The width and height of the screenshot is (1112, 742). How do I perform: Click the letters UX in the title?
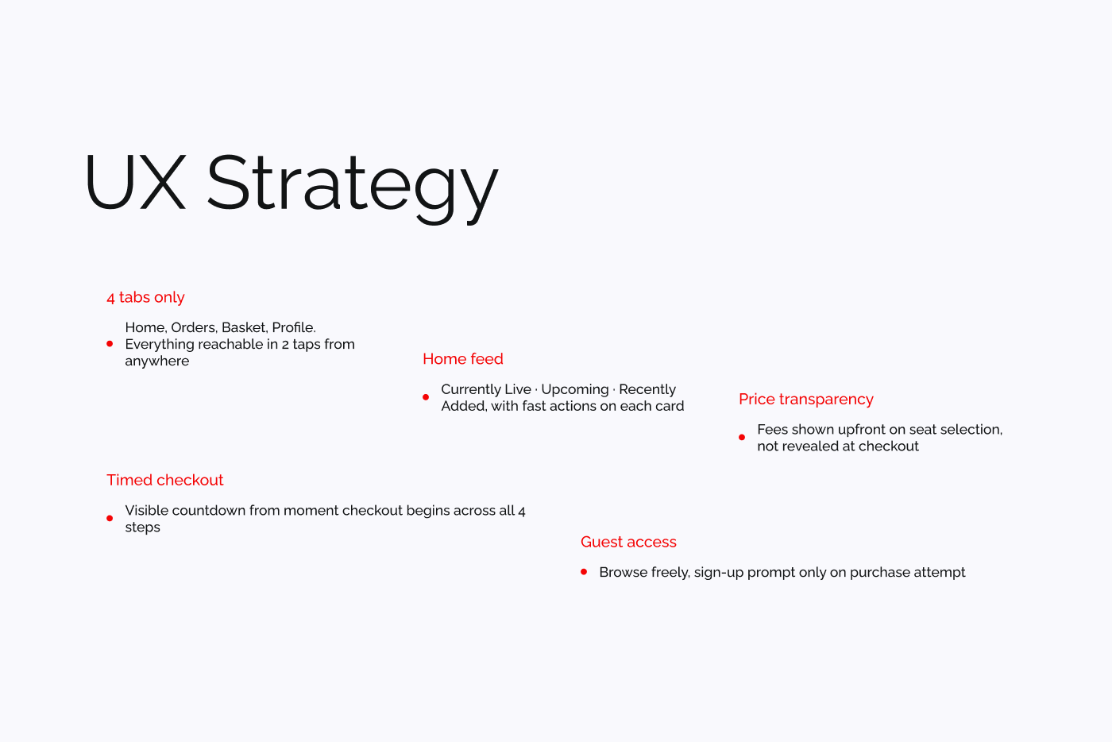point(135,183)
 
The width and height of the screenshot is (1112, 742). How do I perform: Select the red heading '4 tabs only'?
point(145,297)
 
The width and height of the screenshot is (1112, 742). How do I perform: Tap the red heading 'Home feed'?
point(463,359)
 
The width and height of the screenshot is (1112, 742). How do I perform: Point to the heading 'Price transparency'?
point(805,399)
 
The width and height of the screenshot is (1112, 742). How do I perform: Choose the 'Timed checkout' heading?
point(165,480)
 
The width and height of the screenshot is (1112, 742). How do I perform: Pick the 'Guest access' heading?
point(628,542)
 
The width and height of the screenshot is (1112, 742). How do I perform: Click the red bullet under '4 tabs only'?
point(110,344)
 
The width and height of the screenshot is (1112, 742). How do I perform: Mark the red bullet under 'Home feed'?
point(426,397)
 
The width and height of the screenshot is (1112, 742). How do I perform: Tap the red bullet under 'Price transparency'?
point(742,438)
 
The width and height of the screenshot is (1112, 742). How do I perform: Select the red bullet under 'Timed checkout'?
point(110,519)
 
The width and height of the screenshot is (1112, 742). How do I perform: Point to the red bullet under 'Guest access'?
point(584,572)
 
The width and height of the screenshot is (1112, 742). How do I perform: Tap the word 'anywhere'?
point(157,361)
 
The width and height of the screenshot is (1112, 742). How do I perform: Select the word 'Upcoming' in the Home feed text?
point(574,389)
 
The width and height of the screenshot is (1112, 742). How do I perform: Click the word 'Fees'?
point(772,429)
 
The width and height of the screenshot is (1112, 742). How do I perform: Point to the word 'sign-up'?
point(718,572)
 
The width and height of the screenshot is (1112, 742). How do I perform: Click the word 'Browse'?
point(623,572)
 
